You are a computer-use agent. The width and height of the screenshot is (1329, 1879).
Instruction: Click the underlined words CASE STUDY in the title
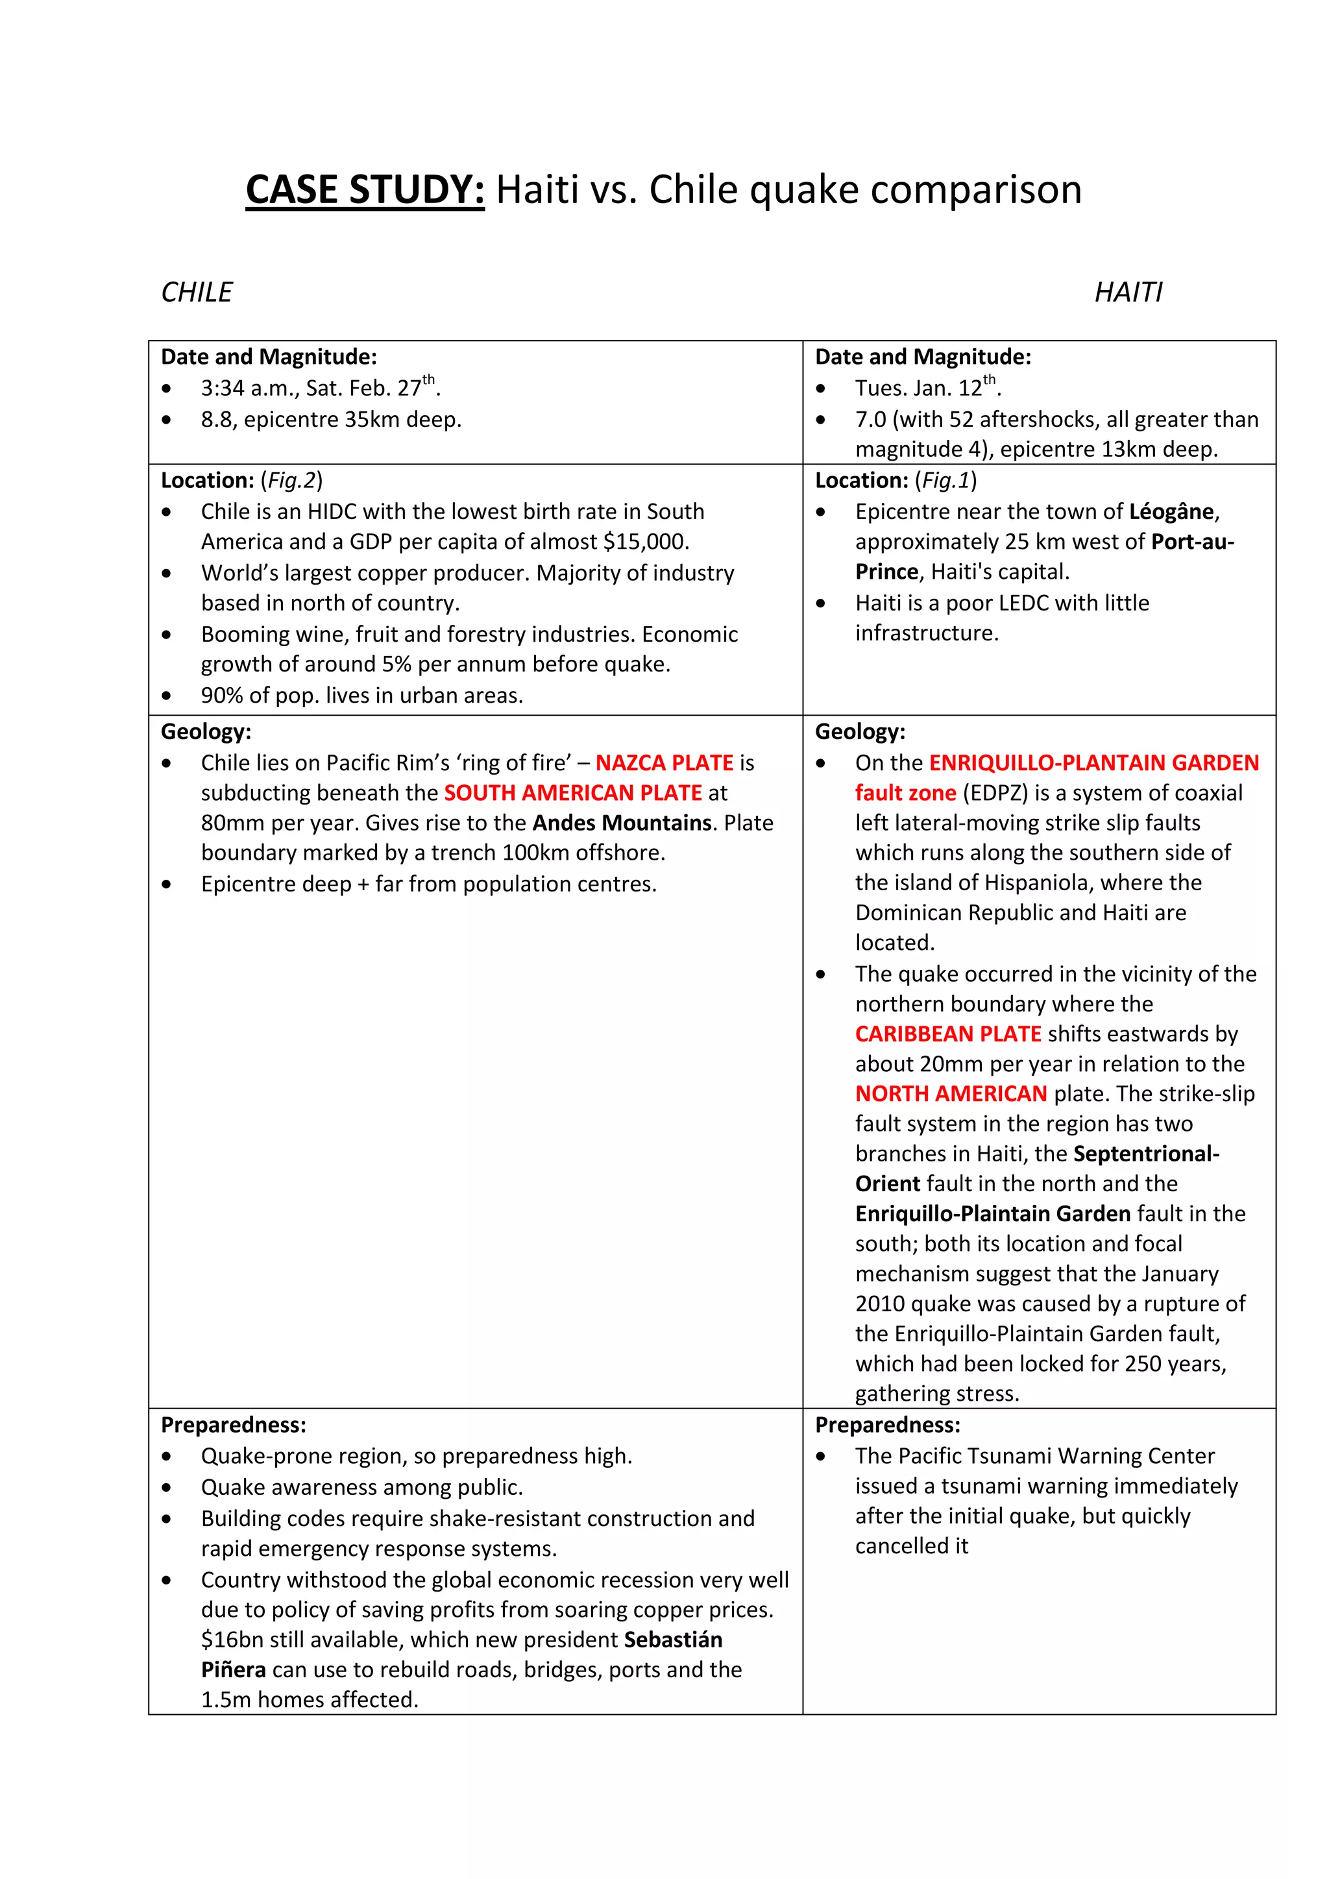(364, 190)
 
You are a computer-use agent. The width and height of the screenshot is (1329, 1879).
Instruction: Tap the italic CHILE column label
(197, 292)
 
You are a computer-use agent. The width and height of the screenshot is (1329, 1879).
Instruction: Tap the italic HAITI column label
(1128, 292)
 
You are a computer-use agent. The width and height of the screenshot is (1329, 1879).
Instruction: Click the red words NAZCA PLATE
(664, 763)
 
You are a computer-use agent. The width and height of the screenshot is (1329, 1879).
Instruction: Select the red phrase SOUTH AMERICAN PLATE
(573, 793)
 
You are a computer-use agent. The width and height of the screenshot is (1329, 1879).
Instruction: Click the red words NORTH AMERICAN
(951, 1094)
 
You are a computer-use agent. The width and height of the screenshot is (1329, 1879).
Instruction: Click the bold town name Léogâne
(1171, 513)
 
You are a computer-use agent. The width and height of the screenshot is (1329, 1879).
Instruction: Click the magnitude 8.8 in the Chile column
(217, 420)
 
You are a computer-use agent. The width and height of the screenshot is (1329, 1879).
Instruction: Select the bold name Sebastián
(673, 1640)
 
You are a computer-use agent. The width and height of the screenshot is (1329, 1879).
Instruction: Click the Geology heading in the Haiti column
(859, 732)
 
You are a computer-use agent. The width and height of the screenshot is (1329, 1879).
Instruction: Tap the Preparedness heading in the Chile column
(233, 1425)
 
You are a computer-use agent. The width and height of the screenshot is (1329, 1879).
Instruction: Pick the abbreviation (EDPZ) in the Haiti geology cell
(994, 793)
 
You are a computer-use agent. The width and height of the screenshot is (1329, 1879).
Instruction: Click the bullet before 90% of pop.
(167, 696)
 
